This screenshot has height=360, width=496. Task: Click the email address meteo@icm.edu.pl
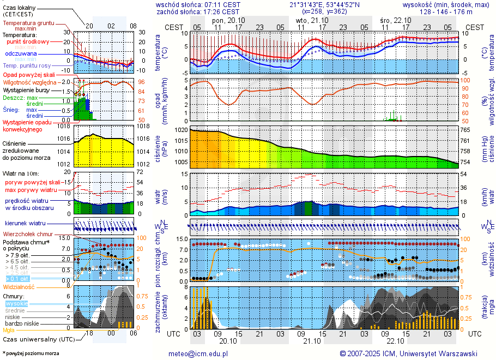tap(198, 353)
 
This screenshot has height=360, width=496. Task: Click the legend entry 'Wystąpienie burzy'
tap(26, 89)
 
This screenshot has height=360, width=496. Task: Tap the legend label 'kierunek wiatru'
tap(25, 223)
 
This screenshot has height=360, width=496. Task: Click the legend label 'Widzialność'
tap(19, 286)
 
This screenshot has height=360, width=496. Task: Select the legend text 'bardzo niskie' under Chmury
tap(22, 323)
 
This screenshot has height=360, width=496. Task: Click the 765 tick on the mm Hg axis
tap(465, 130)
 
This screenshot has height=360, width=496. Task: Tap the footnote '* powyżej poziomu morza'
tap(31, 353)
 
